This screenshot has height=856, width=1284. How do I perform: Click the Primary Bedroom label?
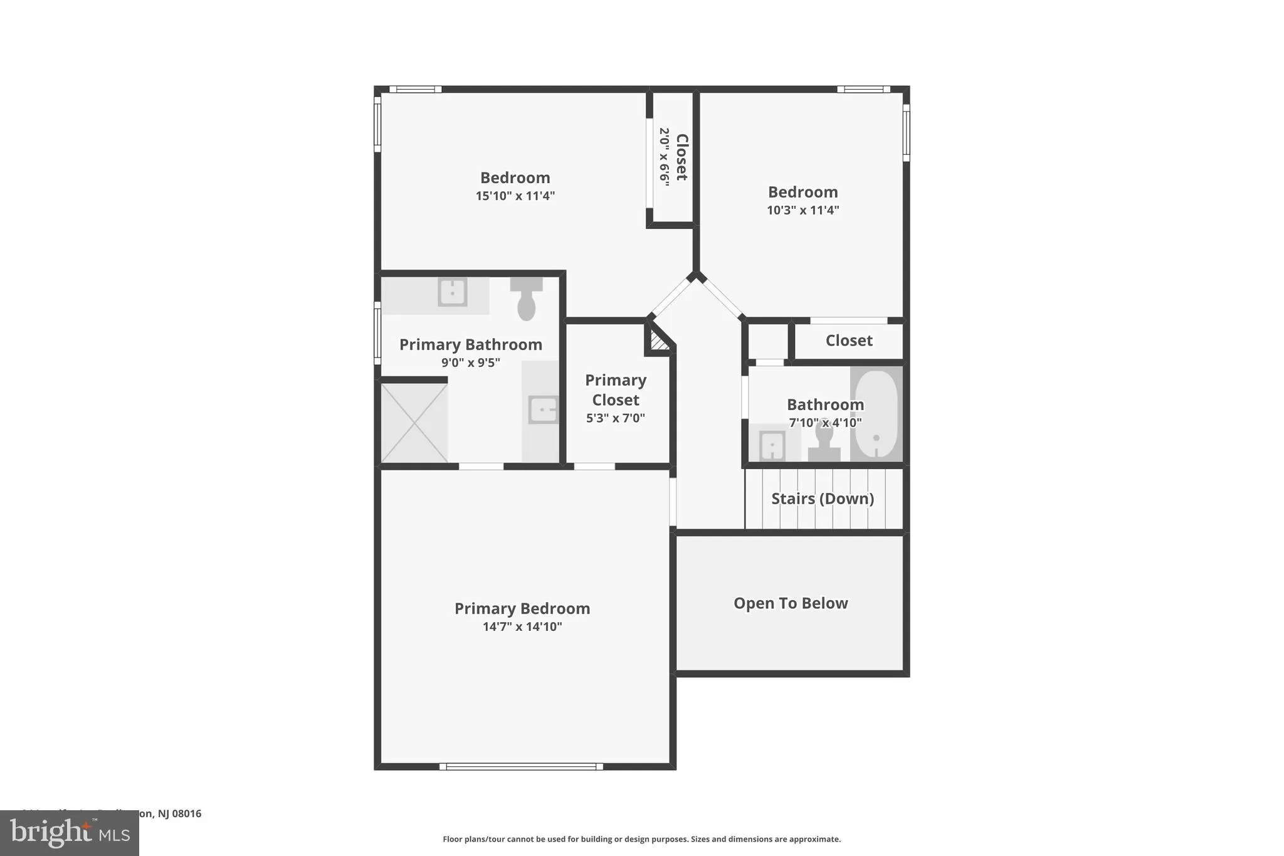pyautogui.click(x=522, y=608)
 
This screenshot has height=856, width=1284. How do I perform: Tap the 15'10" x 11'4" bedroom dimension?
pyautogui.click(x=515, y=196)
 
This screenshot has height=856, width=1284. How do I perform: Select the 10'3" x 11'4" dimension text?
pyautogui.click(x=802, y=210)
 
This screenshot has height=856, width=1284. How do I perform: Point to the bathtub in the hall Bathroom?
pyautogui.click(x=876, y=414)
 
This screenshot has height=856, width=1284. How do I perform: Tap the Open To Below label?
pyautogui.click(x=791, y=603)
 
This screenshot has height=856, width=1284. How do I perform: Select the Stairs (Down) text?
pyautogui.click(x=822, y=499)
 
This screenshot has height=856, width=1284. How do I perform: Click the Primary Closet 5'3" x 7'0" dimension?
pyautogui.click(x=615, y=418)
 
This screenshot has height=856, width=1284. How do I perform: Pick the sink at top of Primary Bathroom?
pyautogui.click(x=452, y=292)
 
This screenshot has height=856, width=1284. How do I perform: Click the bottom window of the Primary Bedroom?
pyautogui.click(x=521, y=766)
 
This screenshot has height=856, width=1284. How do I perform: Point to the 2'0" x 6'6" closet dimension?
pyautogui.click(x=664, y=156)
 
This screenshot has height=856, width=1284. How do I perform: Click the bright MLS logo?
pyautogui.click(x=70, y=833)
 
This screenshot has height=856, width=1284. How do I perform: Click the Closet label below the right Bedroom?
pyautogui.click(x=849, y=341)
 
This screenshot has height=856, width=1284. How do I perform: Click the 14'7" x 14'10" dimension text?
pyautogui.click(x=522, y=626)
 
